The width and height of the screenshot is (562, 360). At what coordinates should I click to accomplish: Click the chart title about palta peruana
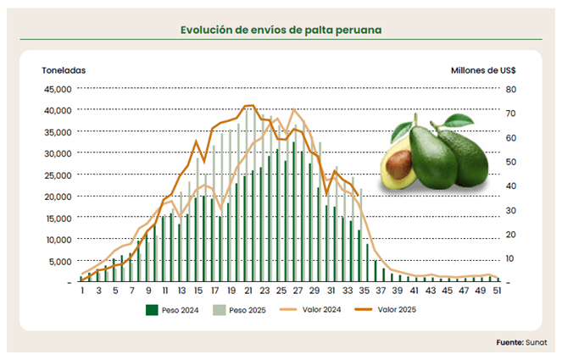click(x=281, y=30)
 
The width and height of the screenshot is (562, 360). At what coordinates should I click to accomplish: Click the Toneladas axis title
click(x=64, y=70)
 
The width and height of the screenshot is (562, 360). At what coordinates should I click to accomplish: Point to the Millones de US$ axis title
click(x=484, y=70)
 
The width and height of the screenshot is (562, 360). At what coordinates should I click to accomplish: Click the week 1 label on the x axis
click(x=82, y=291)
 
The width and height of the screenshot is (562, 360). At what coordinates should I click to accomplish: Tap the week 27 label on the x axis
click(x=298, y=291)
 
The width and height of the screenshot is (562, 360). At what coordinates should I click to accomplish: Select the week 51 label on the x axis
click(x=496, y=291)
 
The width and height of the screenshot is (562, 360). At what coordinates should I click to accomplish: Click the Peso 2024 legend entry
click(x=174, y=310)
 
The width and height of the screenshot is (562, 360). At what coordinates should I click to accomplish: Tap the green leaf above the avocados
click(x=458, y=120)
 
